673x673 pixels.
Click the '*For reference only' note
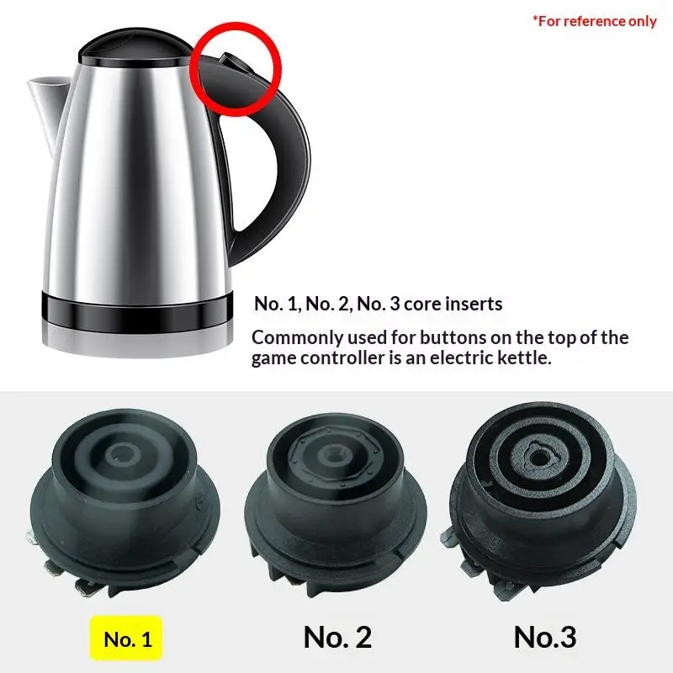(595, 21)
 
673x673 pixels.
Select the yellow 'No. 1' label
(126, 639)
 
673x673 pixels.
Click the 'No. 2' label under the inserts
(337, 638)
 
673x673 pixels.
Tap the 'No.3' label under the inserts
(545, 638)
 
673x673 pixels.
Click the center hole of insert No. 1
(123, 453)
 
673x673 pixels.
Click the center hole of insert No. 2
(332, 454)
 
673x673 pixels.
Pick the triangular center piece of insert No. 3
(537, 458)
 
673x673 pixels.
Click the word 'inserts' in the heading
(474, 304)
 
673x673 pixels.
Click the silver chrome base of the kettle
(137, 342)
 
